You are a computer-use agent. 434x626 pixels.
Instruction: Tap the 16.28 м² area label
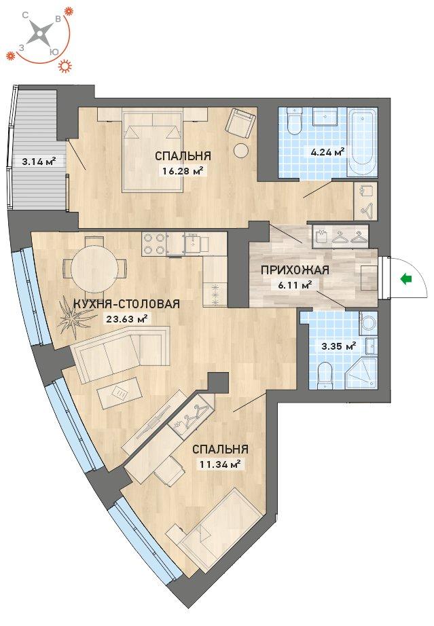pos(183,171)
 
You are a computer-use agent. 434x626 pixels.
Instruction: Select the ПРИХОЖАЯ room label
pos(295,270)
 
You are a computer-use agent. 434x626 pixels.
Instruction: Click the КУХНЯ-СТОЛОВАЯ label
pos(126,303)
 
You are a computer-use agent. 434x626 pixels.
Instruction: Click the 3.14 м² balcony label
pos(39,162)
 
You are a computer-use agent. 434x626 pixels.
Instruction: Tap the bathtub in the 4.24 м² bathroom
pos(363,143)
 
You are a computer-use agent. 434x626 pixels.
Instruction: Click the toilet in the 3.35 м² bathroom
pos(325,375)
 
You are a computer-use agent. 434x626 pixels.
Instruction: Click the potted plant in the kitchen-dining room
pos(74,318)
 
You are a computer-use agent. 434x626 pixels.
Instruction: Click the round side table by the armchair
pos(241,151)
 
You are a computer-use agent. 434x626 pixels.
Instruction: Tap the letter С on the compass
pos(25,15)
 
